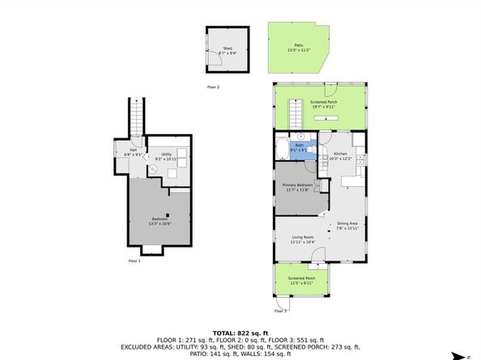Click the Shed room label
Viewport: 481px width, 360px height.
[228, 50]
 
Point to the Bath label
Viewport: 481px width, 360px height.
[299, 148]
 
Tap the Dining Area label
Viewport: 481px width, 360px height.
[348, 226]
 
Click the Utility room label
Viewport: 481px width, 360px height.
[166, 156]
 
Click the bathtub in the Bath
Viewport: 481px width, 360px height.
[281, 149]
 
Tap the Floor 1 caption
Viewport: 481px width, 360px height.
[134, 261]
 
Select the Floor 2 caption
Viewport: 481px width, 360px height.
[213, 87]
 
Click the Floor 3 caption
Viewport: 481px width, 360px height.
[280, 311]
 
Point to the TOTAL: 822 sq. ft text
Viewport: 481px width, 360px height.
[240, 332]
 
